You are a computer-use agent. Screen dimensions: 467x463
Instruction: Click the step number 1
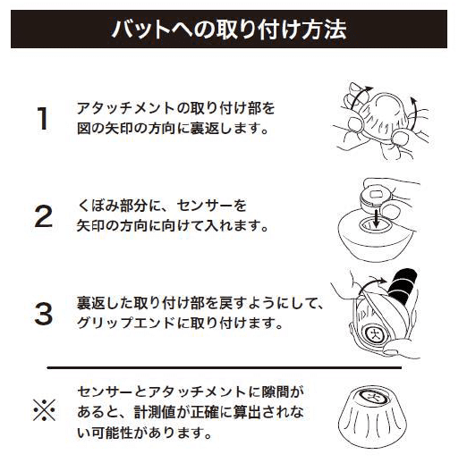[x=43, y=118]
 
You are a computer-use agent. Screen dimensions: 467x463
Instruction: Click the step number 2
[x=44, y=216]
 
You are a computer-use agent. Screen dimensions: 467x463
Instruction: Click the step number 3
[x=44, y=314]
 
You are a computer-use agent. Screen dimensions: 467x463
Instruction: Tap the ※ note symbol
[x=44, y=410]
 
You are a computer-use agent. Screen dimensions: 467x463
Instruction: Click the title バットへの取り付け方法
[x=229, y=29]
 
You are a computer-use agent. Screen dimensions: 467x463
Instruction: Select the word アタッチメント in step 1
[x=126, y=108]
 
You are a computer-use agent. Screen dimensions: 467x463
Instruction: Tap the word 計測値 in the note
[x=155, y=412]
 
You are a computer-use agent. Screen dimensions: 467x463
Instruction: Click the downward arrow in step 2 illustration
[x=377, y=218]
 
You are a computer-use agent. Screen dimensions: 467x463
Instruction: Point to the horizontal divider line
[x=225, y=367]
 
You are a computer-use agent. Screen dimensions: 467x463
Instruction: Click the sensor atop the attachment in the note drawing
[x=374, y=397]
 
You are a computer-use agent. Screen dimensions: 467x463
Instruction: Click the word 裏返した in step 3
[x=105, y=302]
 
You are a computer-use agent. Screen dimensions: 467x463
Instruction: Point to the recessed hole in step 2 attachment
[x=375, y=225]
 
